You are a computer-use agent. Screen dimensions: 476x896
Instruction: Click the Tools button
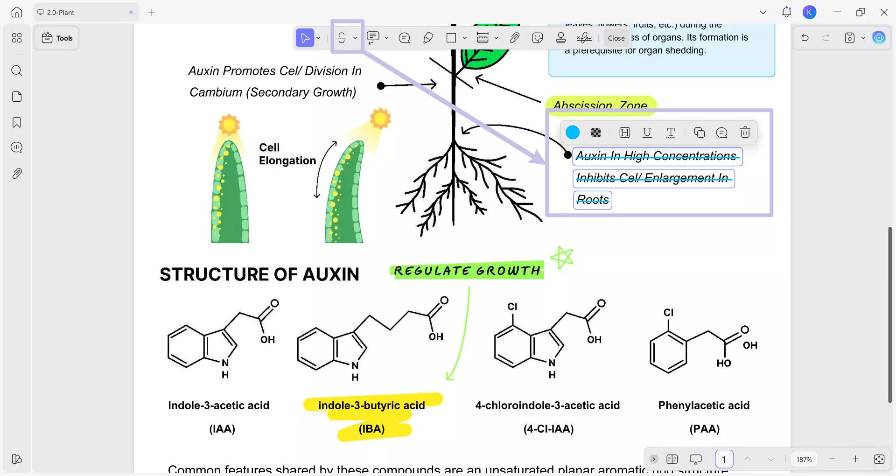click(x=57, y=38)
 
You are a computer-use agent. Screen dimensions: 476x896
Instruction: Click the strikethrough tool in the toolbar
click(x=342, y=38)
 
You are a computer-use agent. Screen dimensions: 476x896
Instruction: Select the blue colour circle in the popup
click(x=573, y=133)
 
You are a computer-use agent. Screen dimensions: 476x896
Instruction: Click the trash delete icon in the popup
click(x=745, y=133)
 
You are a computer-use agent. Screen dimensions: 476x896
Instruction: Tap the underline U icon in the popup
click(x=647, y=133)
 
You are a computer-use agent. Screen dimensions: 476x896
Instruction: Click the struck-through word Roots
click(x=593, y=200)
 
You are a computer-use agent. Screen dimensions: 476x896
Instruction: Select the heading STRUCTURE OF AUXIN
click(x=259, y=274)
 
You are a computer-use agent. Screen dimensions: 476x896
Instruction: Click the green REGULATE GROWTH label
click(x=467, y=271)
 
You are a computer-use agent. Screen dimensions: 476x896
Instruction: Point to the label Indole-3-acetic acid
click(x=218, y=405)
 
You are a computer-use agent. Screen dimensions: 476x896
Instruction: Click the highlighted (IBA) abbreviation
click(x=372, y=428)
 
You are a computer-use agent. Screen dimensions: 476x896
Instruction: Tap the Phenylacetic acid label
click(x=704, y=405)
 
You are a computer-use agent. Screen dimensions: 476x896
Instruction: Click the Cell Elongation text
click(x=287, y=154)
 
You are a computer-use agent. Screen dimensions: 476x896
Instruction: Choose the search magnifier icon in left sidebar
click(x=17, y=70)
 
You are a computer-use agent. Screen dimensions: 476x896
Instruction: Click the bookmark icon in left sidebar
click(x=17, y=122)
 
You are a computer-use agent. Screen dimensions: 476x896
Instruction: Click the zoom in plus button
click(x=855, y=459)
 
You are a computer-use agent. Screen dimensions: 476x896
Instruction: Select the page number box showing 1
click(x=724, y=459)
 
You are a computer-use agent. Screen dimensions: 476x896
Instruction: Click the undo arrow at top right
click(x=805, y=38)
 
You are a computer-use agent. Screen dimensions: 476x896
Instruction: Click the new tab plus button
click(x=151, y=13)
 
